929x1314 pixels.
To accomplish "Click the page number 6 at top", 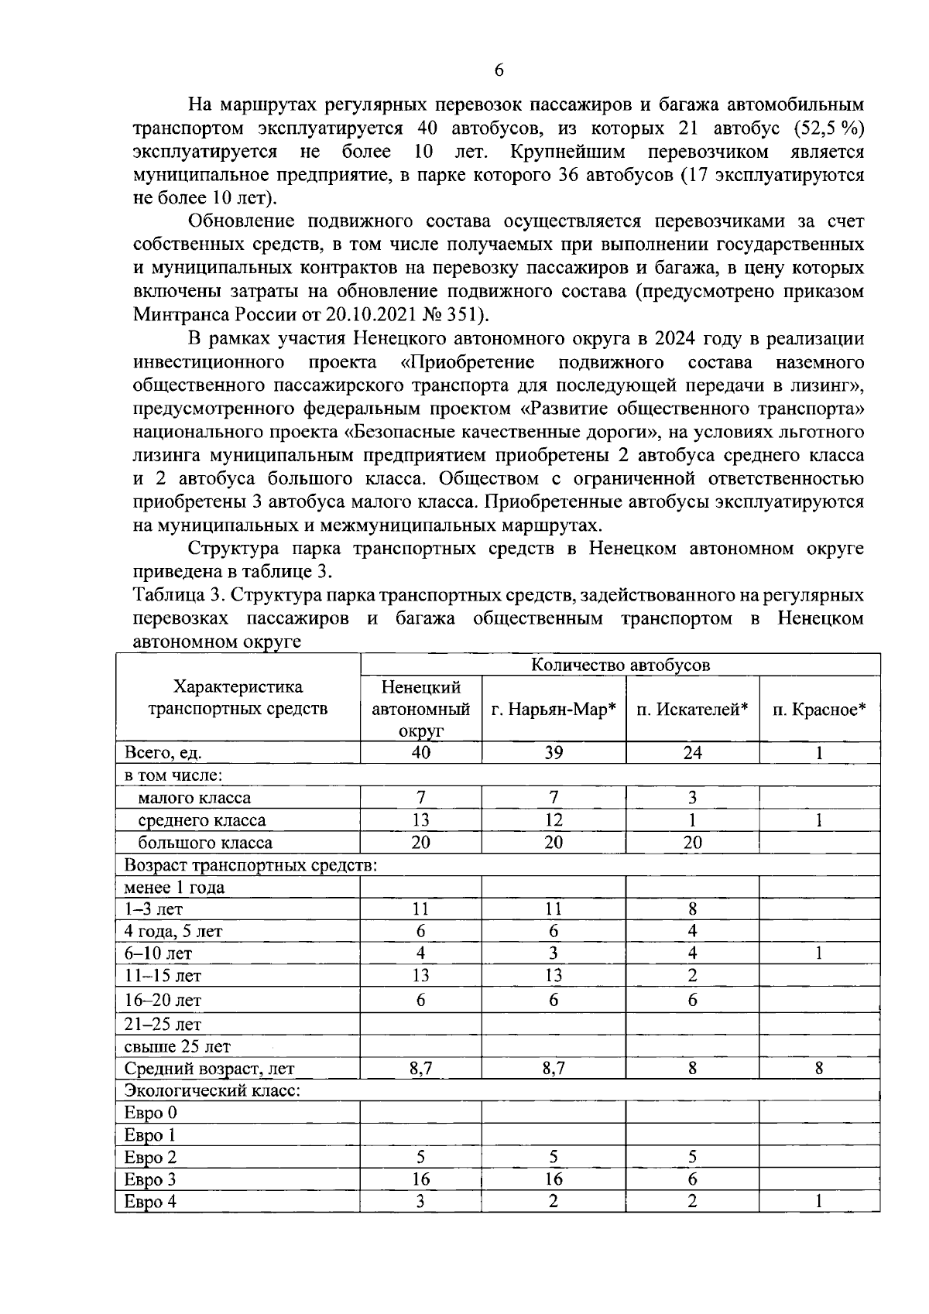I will pos(498,70).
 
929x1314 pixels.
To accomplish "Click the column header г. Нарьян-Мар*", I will pos(554,709).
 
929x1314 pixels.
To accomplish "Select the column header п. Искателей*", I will pos(692,709).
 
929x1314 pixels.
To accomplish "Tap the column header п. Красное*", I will pos(819,709).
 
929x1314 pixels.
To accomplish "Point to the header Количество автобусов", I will pos(620,665).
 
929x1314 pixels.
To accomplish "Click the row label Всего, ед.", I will pos(163,753).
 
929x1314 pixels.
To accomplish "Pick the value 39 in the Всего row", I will pos(553,753).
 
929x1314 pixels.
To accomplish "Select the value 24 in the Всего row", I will pos(692,753).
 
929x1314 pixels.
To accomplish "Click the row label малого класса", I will pos(194,798).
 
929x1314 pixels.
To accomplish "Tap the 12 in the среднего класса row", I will pos(553,820).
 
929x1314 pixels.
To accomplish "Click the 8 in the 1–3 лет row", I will pos(692,909).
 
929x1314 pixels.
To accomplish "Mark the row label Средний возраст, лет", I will pos(209,1069).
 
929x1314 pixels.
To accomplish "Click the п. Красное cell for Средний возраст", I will pos(819,1069).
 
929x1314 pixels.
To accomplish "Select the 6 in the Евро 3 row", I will pos(692,1180).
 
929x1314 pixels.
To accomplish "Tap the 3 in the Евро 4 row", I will pos(420,1202).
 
